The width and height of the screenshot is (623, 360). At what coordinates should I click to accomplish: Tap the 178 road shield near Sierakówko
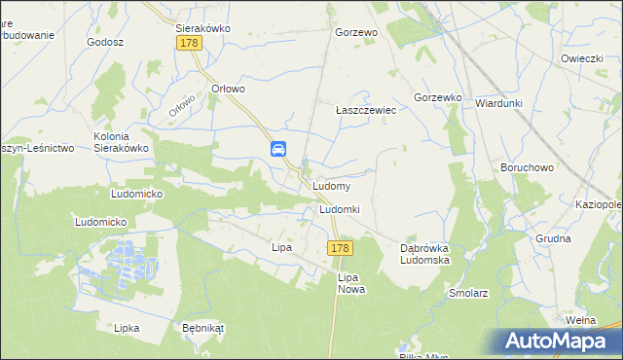coord(190,44)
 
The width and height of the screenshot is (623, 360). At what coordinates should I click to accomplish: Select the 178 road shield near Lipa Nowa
coord(339,249)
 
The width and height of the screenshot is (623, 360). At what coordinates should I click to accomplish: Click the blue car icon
coord(278,149)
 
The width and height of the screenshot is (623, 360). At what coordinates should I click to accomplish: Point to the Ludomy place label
coord(332,185)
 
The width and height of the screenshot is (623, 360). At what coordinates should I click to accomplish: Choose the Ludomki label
coord(340,209)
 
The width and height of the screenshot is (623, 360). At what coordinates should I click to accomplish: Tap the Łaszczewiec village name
coord(366,111)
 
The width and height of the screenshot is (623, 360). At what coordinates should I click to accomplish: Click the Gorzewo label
coord(355,32)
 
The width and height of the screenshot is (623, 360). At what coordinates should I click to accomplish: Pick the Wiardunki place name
coord(500,102)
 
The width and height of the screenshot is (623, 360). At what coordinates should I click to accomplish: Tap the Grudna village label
coord(553,237)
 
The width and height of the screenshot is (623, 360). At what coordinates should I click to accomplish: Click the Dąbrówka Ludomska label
coord(429,254)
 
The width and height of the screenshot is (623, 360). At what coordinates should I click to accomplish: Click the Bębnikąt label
coord(202,328)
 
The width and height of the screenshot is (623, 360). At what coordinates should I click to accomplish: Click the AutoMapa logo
coord(561,342)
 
